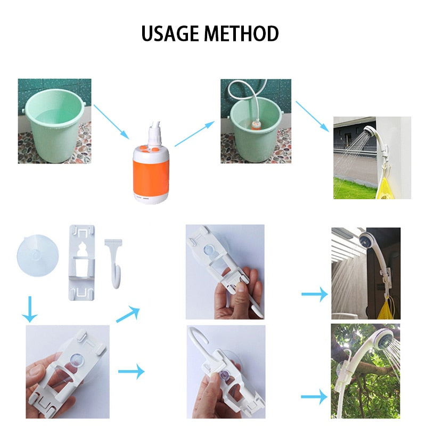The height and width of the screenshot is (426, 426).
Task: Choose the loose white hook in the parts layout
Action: tap(114, 261)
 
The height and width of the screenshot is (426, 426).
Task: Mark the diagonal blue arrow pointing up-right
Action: tap(129, 314)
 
